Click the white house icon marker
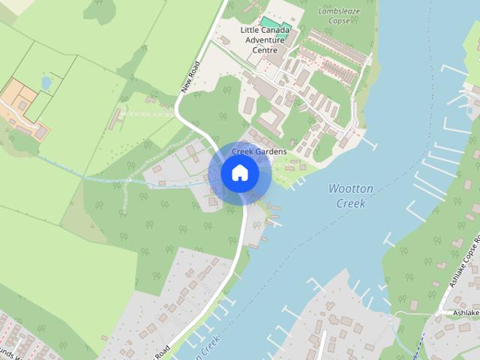240,173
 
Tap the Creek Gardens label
259,151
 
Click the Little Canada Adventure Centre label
265,40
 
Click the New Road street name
190,76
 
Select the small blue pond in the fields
46,82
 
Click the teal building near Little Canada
269,22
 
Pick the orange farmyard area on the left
22,105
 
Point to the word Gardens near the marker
270,151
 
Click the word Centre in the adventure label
265,50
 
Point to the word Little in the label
251,30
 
